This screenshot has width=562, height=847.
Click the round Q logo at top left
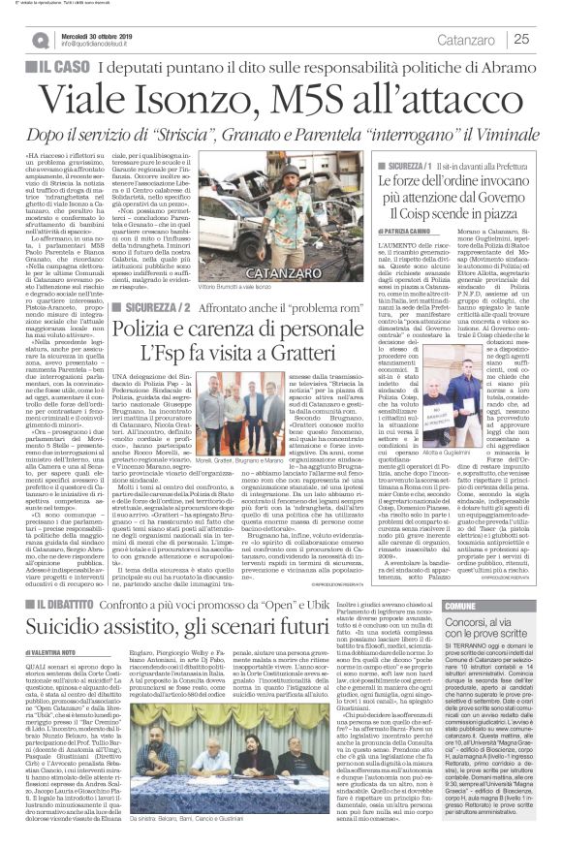[15, 39]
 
